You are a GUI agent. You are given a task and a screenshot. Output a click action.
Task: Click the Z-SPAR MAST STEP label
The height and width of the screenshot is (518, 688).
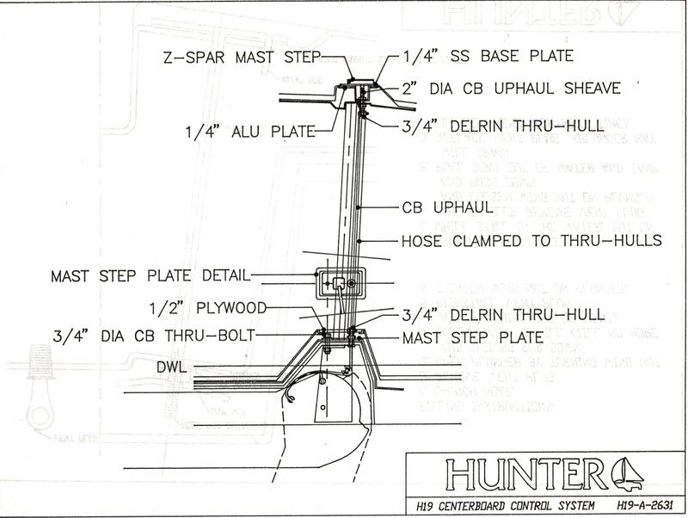click(240, 58)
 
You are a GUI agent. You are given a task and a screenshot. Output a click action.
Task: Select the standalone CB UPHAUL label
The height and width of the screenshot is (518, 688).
click(446, 207)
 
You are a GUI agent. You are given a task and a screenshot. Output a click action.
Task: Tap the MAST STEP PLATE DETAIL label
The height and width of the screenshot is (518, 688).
click(150, 276)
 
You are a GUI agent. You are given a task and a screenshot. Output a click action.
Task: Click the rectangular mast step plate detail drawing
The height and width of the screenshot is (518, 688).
click(339, 281)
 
